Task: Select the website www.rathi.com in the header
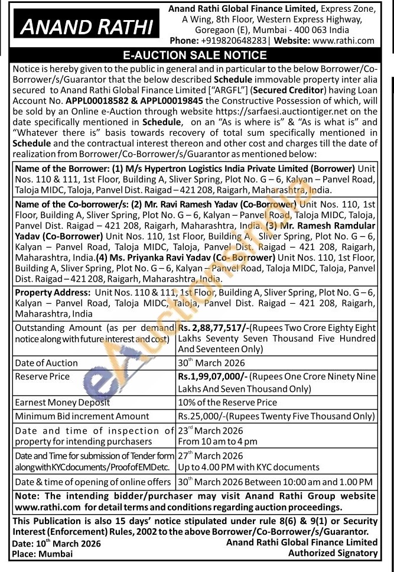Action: coord(343,41)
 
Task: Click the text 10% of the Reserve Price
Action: coord(227,402)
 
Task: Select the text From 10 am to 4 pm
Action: coord(217,441)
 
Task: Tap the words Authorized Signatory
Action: coord(333,553)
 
